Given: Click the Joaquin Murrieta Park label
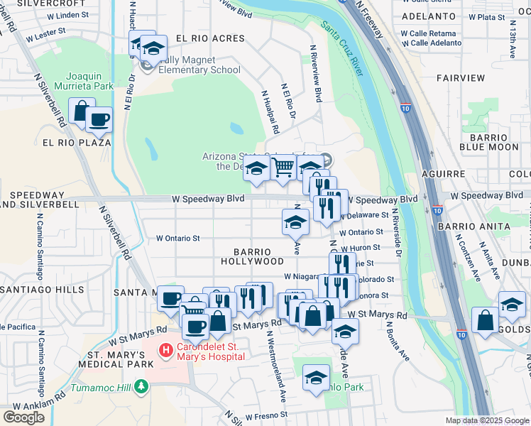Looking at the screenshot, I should [89, 80].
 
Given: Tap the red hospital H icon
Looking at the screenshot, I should [165, 349].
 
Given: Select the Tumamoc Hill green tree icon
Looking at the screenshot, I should [142, 386].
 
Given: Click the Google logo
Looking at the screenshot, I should [23, 417].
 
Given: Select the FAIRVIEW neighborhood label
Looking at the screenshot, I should [461, 77].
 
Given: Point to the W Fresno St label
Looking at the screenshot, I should [266, 415].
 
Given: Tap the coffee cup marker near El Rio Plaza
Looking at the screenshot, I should [99, 119].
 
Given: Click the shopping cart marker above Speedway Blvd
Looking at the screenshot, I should [283, 168].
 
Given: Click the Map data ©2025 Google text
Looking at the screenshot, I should [486, 420].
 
